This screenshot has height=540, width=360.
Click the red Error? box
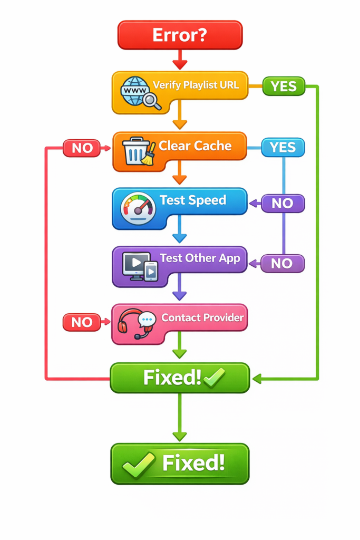click(x=180, y=35)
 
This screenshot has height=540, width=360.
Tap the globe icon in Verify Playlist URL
click(x=135, y=91)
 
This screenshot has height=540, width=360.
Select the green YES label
click(x=284, y=86)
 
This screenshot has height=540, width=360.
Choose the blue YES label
click(x=283, y=147)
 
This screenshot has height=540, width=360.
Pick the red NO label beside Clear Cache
click(x=82, y=148)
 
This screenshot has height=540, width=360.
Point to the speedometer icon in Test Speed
click(x=138, y=209)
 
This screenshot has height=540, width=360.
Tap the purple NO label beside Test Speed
click(x=283, y=204)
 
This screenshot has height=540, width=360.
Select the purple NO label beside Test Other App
click(x=283, y=263)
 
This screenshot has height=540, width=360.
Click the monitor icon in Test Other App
click(x=135, y=265)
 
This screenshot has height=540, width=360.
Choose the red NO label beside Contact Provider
click(x=82, y=322)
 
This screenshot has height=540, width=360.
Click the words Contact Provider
click(x=202, y=317)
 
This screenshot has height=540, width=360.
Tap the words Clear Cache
click(x=195, y=146)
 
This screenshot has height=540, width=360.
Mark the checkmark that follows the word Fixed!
click(x=215, y=378)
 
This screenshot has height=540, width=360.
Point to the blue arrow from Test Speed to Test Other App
click(x=180, y=237)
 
